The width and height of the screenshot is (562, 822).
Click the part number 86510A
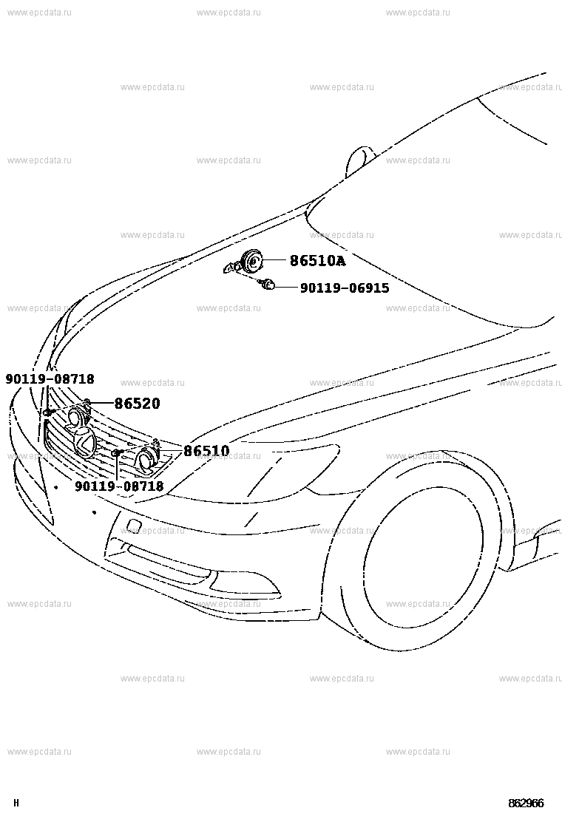click(318, 260)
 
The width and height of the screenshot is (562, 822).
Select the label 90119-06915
click(345, 288)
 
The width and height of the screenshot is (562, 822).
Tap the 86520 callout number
click(138, 403)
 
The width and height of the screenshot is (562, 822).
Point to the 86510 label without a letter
click(206, 451)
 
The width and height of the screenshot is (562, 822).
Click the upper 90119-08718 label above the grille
click(50, 378)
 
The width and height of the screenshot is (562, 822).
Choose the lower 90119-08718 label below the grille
click(119, 486)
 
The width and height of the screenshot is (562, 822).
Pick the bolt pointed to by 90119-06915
click(268, 285)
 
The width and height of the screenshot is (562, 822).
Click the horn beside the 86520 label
click(77, 417)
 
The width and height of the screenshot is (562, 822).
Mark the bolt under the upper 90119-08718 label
click(47, 412)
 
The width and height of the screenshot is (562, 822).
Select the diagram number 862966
click(526, 803)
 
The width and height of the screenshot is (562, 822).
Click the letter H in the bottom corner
click(16, 803)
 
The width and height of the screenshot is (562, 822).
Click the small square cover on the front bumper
click(133, 526)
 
